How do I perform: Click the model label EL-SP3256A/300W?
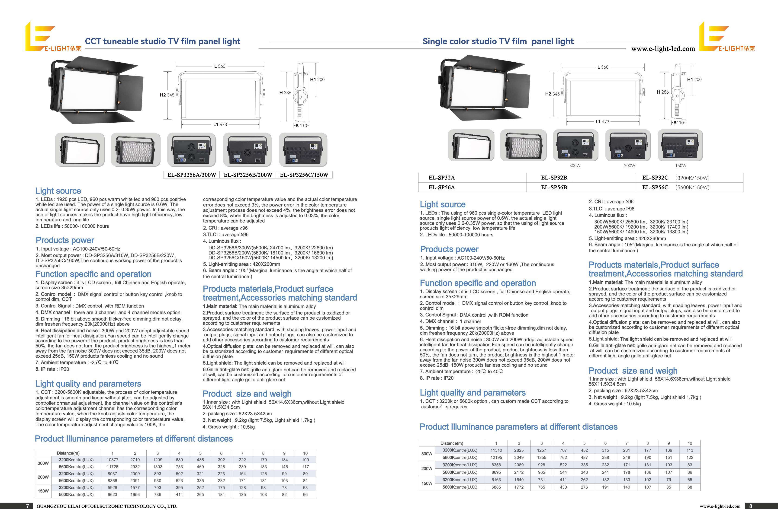click(192, 175)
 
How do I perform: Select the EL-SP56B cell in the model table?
click(554, 187)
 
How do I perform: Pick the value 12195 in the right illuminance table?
click(496, 457)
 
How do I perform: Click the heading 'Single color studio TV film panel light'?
click(498, 41)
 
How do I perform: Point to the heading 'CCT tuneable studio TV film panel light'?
click(162, 41)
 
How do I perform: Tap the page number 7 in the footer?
click(27, 506)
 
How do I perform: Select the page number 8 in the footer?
click(751, 506)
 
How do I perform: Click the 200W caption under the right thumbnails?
click(629, 166)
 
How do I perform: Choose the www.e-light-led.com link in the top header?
click(663, 49)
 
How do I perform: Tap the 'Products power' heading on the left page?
click(65, 240)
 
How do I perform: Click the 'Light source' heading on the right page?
click(443, 204)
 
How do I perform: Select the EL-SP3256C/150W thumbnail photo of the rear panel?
click(303, 149)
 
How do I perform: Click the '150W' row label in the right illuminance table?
click(427, 483)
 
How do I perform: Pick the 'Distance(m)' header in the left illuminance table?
click(68, 453)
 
